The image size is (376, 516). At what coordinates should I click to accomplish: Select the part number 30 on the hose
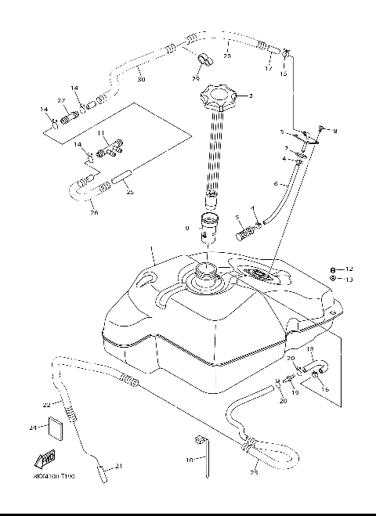(140, 78)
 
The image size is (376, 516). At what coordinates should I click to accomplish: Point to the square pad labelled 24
(56, 428)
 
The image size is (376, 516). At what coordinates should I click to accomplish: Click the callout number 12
(350, 268)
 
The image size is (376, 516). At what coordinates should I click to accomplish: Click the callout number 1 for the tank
(154, 252)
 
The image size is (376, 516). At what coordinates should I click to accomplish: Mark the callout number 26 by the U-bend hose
(95, 211)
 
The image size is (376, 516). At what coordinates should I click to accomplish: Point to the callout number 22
(46, 404)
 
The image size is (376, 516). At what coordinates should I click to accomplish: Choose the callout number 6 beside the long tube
(275, 184)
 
